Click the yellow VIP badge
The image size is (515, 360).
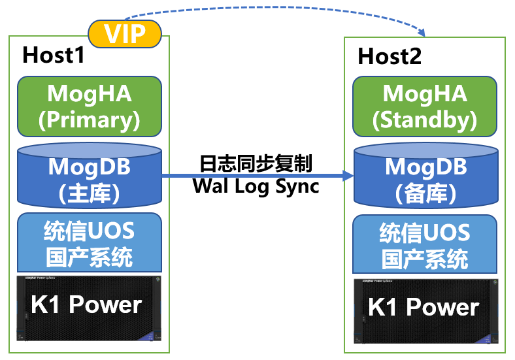[125, 34]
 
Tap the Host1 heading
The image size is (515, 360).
[54, 55]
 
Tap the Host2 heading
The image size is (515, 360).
[390, 56]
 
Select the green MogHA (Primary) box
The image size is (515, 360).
[90, 106]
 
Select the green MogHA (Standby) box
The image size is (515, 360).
[425, 106]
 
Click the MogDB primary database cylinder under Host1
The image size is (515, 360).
[90, 175]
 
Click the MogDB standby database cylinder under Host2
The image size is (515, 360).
[426, 175]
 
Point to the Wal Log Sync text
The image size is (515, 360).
[256, 187]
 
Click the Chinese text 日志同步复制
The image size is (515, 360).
[256, 163]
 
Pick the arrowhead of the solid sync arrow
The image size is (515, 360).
[348, 176]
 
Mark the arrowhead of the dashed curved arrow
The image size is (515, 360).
[422, 33]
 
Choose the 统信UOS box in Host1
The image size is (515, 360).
[90, 242]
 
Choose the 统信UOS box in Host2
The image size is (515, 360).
[425, 244]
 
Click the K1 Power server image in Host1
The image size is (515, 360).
[89, 308]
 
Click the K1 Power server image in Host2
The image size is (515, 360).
[426, 312]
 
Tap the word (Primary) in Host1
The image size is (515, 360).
[90, 120]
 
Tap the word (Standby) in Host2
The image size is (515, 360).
[425, 120]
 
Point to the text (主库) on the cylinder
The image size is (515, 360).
[89, 193]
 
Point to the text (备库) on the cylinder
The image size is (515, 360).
[425, 193]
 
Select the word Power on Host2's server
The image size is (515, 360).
[442, 308]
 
